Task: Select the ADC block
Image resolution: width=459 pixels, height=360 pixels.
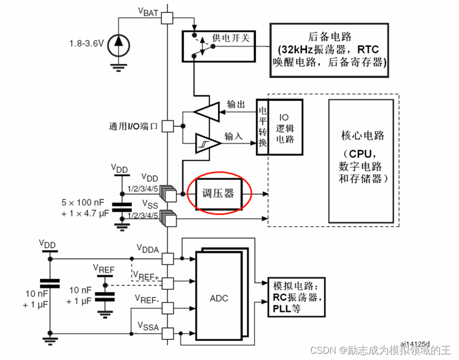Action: coord(219,298)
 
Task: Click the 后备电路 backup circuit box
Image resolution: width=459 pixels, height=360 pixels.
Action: coord(330,50)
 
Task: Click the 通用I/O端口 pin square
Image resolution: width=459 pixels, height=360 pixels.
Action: coord(167,126)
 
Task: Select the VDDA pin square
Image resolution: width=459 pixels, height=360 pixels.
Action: coord(167,258)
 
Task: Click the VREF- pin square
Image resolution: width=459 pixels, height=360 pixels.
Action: coord(167,308)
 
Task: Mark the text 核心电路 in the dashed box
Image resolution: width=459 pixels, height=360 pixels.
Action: coord(363,136)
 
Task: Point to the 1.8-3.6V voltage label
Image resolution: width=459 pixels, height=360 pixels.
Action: coord(87,41)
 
